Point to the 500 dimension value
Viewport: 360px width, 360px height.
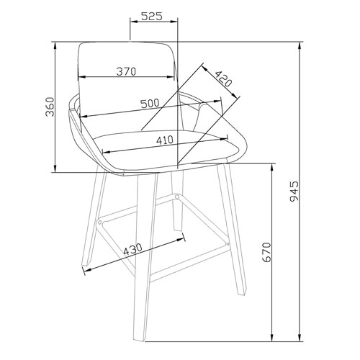tap(150, 104)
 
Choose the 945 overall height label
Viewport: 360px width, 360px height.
tap(314, 192)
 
